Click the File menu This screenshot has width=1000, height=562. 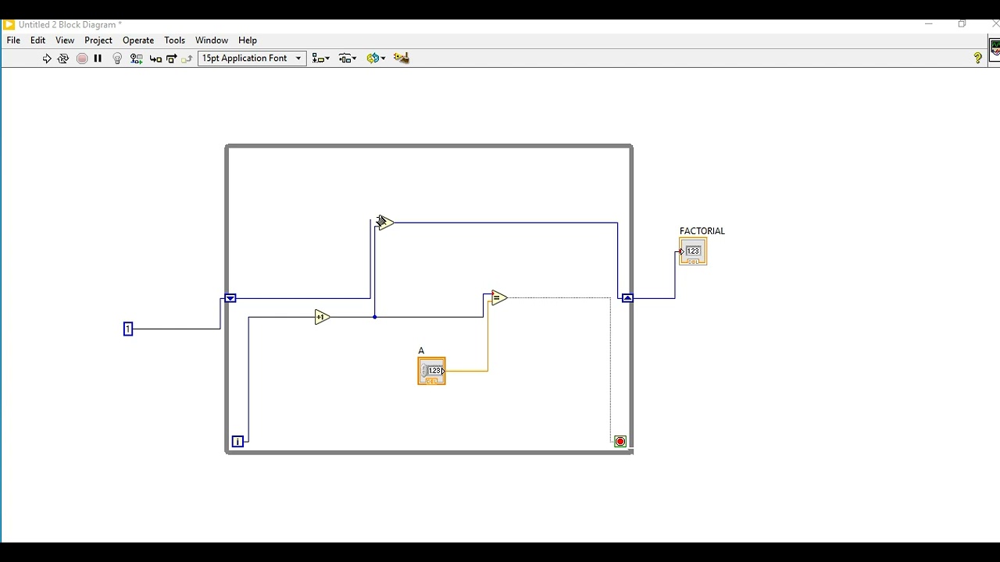13,40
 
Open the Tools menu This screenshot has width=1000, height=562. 174,40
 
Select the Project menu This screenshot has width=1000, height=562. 98,40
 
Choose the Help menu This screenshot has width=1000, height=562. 248,40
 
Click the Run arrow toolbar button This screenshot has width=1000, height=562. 47,59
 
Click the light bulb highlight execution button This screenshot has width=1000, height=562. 117,59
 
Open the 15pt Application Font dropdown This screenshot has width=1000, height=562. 252,58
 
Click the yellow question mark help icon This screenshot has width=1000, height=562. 977,58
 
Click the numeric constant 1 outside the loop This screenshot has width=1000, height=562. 128,329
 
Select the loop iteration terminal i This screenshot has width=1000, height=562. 237,442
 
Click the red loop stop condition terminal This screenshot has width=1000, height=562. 620,442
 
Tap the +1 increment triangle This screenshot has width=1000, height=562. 322,317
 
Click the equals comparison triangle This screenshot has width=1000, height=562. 499,297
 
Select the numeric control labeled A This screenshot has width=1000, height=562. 432,371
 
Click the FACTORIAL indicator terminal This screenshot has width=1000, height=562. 693,251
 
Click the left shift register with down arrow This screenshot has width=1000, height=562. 230,298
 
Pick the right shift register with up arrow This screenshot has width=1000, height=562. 627,298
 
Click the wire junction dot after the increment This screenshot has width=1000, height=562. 374,317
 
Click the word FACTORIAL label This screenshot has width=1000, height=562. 702,231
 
